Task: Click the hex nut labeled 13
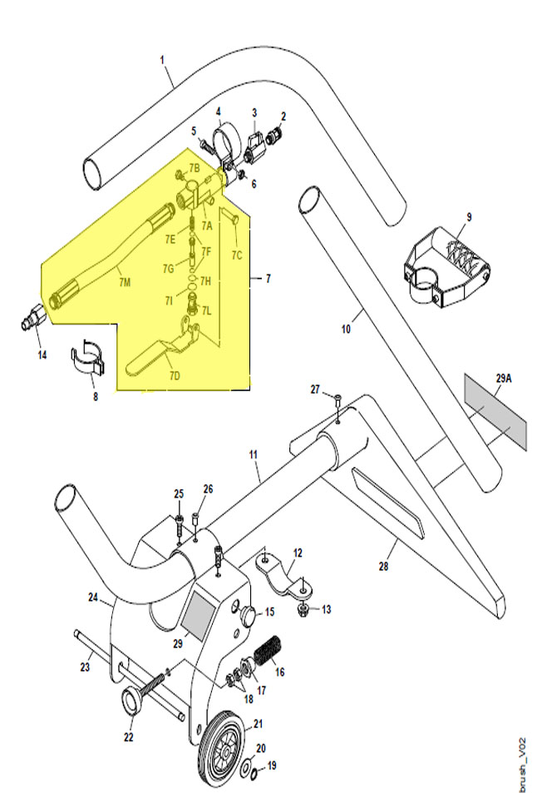tap(304, 607)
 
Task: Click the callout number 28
tap(384, 565)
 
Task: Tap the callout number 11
tap(253, 454)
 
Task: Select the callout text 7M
tap(125, 282)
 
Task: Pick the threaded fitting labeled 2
tap(275, 136)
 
